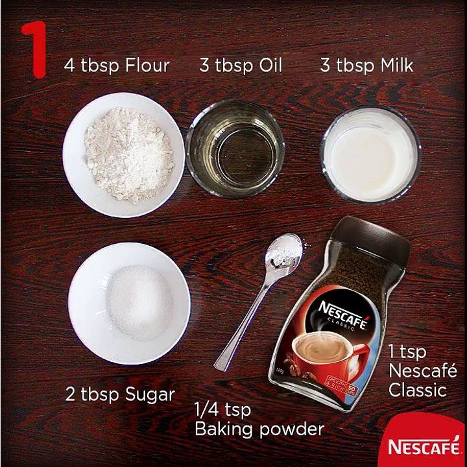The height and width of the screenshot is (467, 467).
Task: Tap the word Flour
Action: pyautogui.click(x=147, y=65)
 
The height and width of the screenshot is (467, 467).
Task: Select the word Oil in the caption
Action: pyautogui.click(x=270, y=65)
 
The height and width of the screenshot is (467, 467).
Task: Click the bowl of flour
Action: pyautogui.click(x=123, y=155)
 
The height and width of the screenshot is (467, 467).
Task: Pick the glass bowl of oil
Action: pyautogui.click(x=235, y=149)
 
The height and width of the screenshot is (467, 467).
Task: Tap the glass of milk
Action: pyautogui.click(x=371, y=155)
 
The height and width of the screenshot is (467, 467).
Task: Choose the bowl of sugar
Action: pyautogui.click(x=129, y=303)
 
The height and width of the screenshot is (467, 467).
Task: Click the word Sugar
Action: pyautogui.click(x=150, y=394)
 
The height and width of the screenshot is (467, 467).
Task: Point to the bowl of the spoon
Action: pyautogui.click(x=284, y=252)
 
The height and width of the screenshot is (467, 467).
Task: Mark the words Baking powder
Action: pyautogui.click(x=259, y=429)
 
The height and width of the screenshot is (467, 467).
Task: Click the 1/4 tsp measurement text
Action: pyautogui.click(x=222, y=409)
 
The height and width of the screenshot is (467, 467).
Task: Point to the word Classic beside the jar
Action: pyautogui.click(x=418, y=390)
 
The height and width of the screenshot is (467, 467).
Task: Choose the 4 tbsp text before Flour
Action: pyautogui.click(x=91, y=66)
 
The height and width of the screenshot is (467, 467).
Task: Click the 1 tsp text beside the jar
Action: pyautogui.click(x=407, y=352)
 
